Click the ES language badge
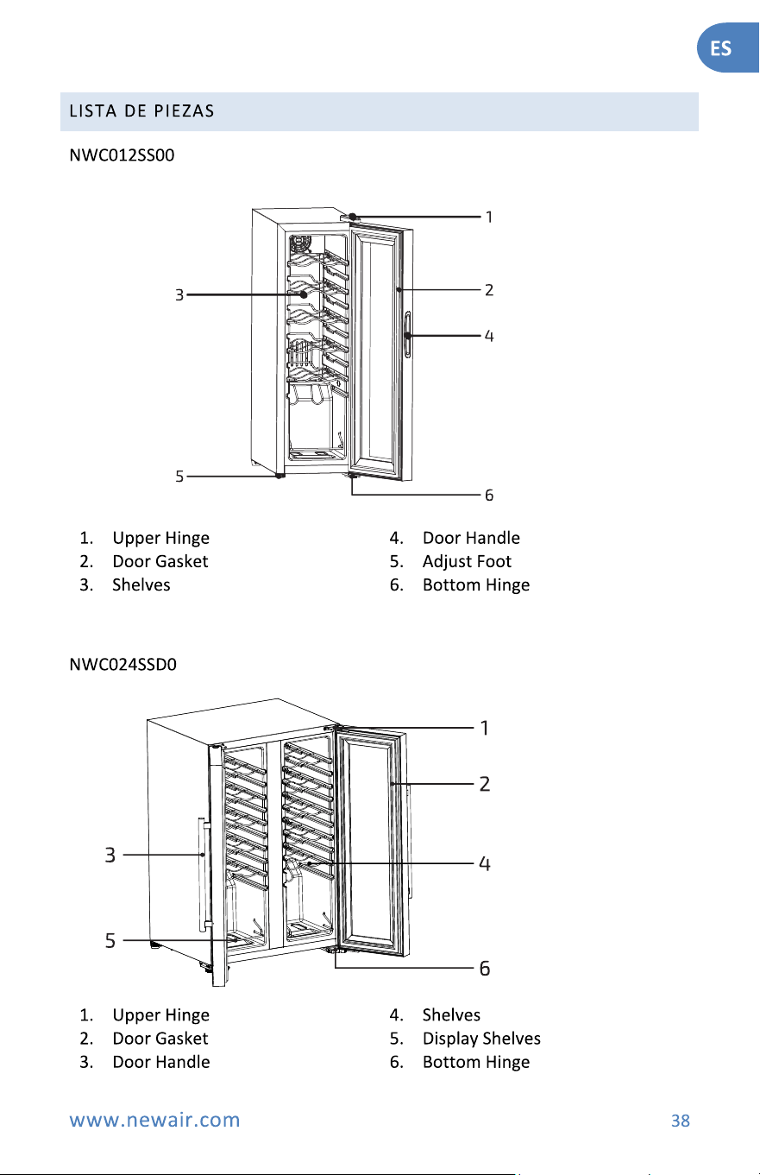727,47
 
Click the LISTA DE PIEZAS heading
141,111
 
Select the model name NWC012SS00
122,155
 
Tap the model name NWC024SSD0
122,665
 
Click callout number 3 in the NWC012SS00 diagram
179,295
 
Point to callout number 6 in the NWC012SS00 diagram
489,496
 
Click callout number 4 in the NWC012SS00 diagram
489,336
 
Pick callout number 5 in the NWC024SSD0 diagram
110,940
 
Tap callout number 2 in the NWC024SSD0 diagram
485,784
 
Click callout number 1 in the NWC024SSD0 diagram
485,728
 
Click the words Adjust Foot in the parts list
467,561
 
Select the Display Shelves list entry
481,1039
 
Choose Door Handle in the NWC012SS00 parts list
471,538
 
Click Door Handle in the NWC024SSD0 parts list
161,1062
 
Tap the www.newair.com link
154,1120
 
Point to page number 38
681,1121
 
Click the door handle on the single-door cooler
408,334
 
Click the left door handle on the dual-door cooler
204,874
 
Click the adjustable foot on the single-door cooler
280,476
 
